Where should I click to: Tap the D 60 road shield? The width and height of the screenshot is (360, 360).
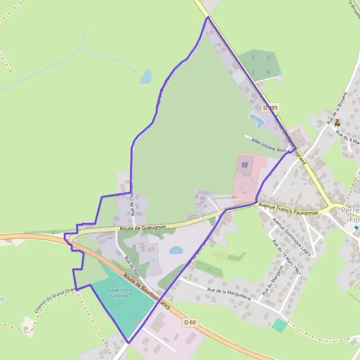(x=190, y=322)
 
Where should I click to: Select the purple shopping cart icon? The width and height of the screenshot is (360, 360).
(x=244, y=163)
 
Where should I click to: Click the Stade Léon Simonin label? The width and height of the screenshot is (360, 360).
(x=118, y=292)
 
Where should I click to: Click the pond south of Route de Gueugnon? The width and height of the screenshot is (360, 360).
(x=176, y=250)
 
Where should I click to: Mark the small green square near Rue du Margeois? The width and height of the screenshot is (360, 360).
(x=279, y=325)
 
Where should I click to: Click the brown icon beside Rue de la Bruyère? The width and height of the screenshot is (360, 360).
(x=337, y=123)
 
